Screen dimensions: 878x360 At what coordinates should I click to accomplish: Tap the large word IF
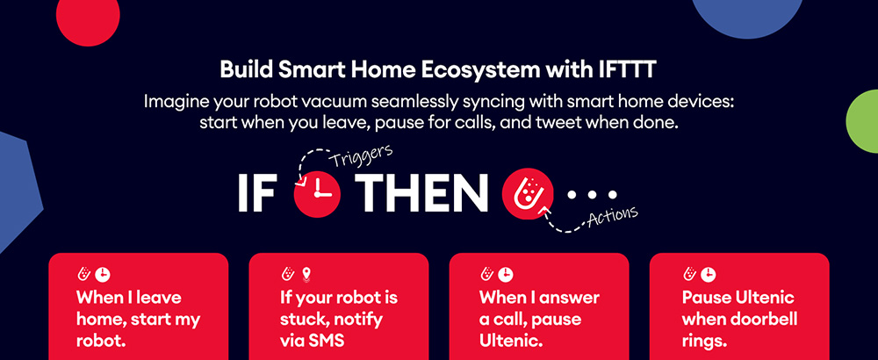coord(256,193)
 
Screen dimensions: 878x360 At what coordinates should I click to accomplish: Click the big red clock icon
coord(318,193)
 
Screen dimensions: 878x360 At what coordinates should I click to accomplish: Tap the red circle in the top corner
coord(88,17)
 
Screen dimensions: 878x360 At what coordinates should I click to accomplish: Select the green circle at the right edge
coord(863,121)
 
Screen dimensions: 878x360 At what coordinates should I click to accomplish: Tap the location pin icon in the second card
coord(306,274)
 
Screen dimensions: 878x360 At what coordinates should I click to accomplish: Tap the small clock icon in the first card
coord(103,274)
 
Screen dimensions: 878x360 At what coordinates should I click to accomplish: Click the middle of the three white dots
coord(593,195)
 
